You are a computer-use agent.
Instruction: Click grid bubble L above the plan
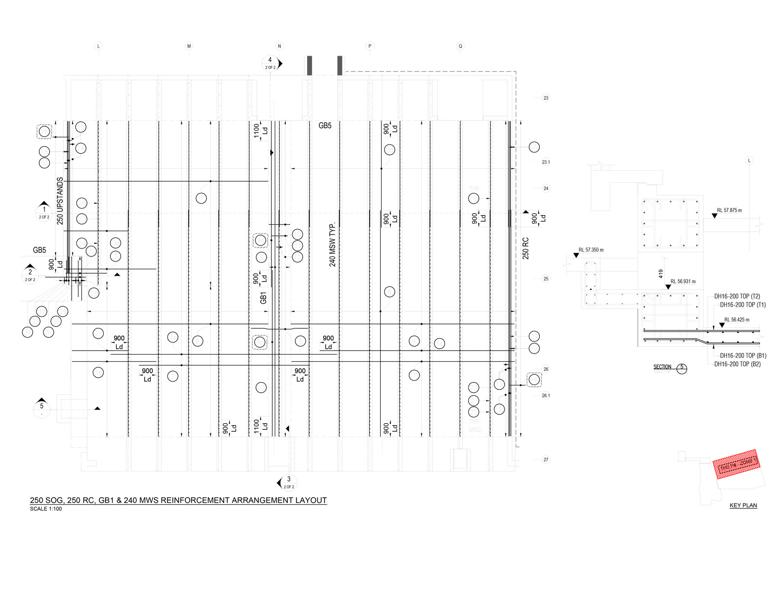(99, 46)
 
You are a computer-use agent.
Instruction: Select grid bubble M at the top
(189, 46)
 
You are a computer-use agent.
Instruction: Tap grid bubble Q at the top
(461, 46)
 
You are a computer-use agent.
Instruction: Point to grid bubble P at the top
(370, 46)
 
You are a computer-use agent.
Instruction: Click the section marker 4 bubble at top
(270, 63)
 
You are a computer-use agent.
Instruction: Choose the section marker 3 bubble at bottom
(289, 483)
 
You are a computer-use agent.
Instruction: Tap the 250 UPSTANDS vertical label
(60, 201)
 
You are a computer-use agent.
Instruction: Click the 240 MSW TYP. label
(332, 245)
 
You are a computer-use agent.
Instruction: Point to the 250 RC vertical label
(526, 248)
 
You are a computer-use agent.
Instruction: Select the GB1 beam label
(264, 298)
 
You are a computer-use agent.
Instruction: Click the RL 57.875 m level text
(729, 210)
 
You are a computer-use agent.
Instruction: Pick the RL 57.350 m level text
(591, 250)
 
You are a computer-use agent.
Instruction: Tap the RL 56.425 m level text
(737, 320)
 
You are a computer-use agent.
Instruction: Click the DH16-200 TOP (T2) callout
(737, 296)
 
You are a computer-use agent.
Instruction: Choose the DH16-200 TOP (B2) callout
(737, 364)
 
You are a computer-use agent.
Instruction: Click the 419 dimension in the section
(661, 274)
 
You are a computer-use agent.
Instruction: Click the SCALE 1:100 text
(46, 509)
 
